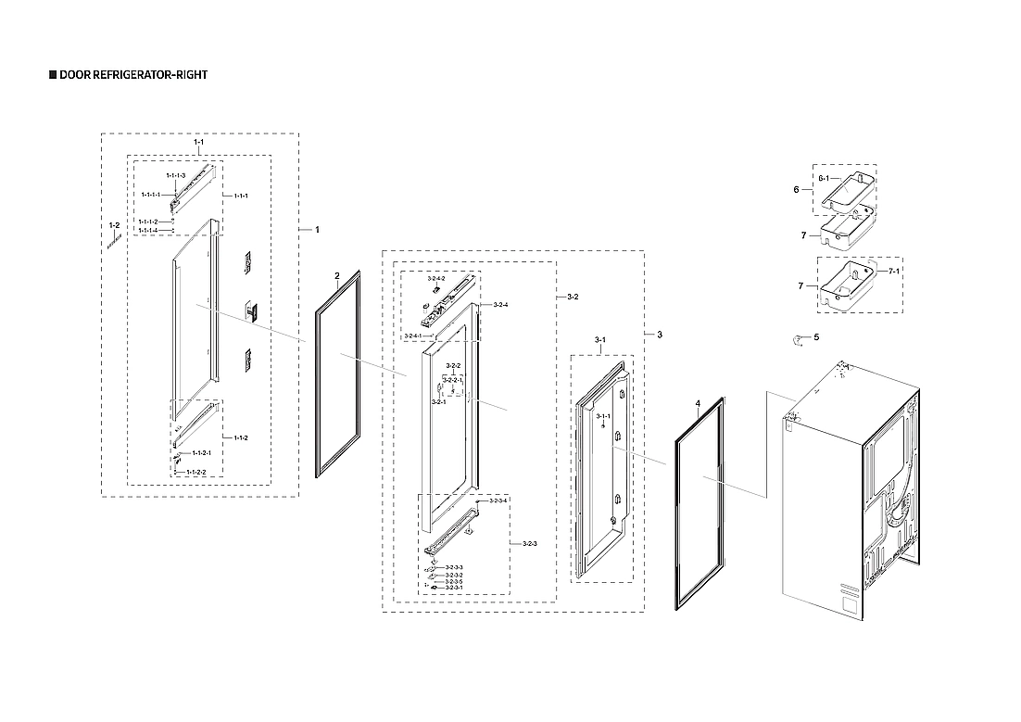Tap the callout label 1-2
point(114,225)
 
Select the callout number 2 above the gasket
point(337,275)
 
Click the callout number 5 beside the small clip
point(816,337)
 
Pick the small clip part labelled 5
point(797,340)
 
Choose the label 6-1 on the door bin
point(827,178)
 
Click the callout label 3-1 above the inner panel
point(599,341)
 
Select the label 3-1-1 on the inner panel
point(602,417)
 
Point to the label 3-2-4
point(500,305)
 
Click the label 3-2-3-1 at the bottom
point(453,588)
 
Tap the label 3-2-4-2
point(436,278)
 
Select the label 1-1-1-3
point(176,175)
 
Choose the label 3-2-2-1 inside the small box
point(452,380)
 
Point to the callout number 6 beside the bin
point(796,189)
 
